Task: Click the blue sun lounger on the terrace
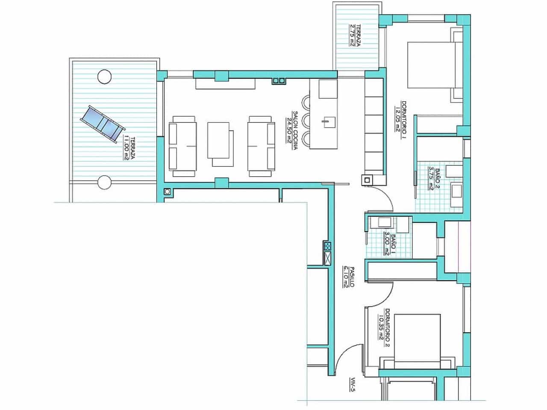tap(103, 124)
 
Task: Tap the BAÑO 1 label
tap(389, 243)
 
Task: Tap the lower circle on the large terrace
tap(104, 182)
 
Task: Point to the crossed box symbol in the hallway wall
tap(328, 258)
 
